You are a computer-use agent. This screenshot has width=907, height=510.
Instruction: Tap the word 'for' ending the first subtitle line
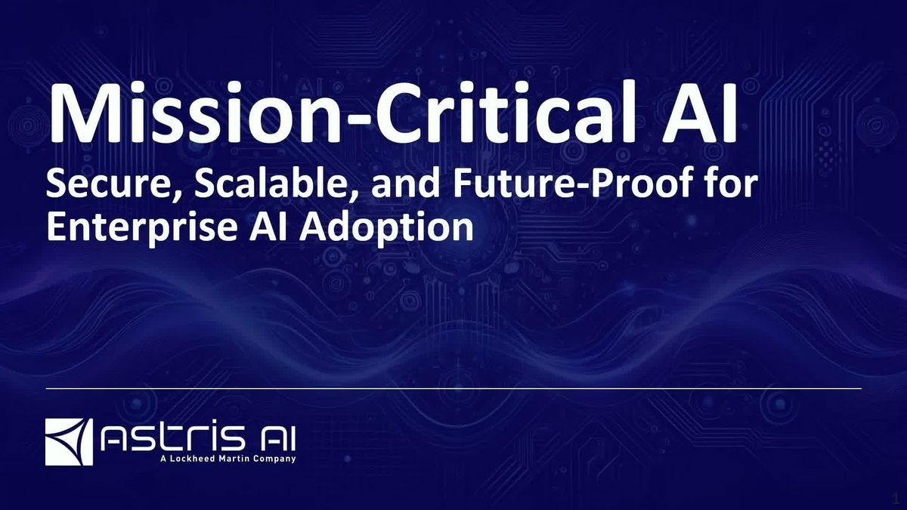point(726,186)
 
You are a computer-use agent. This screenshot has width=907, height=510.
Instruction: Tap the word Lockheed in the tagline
point(196,458)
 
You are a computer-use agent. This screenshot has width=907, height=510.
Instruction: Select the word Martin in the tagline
point(238,458)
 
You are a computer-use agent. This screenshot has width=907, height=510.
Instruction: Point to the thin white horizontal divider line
point(453,388)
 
